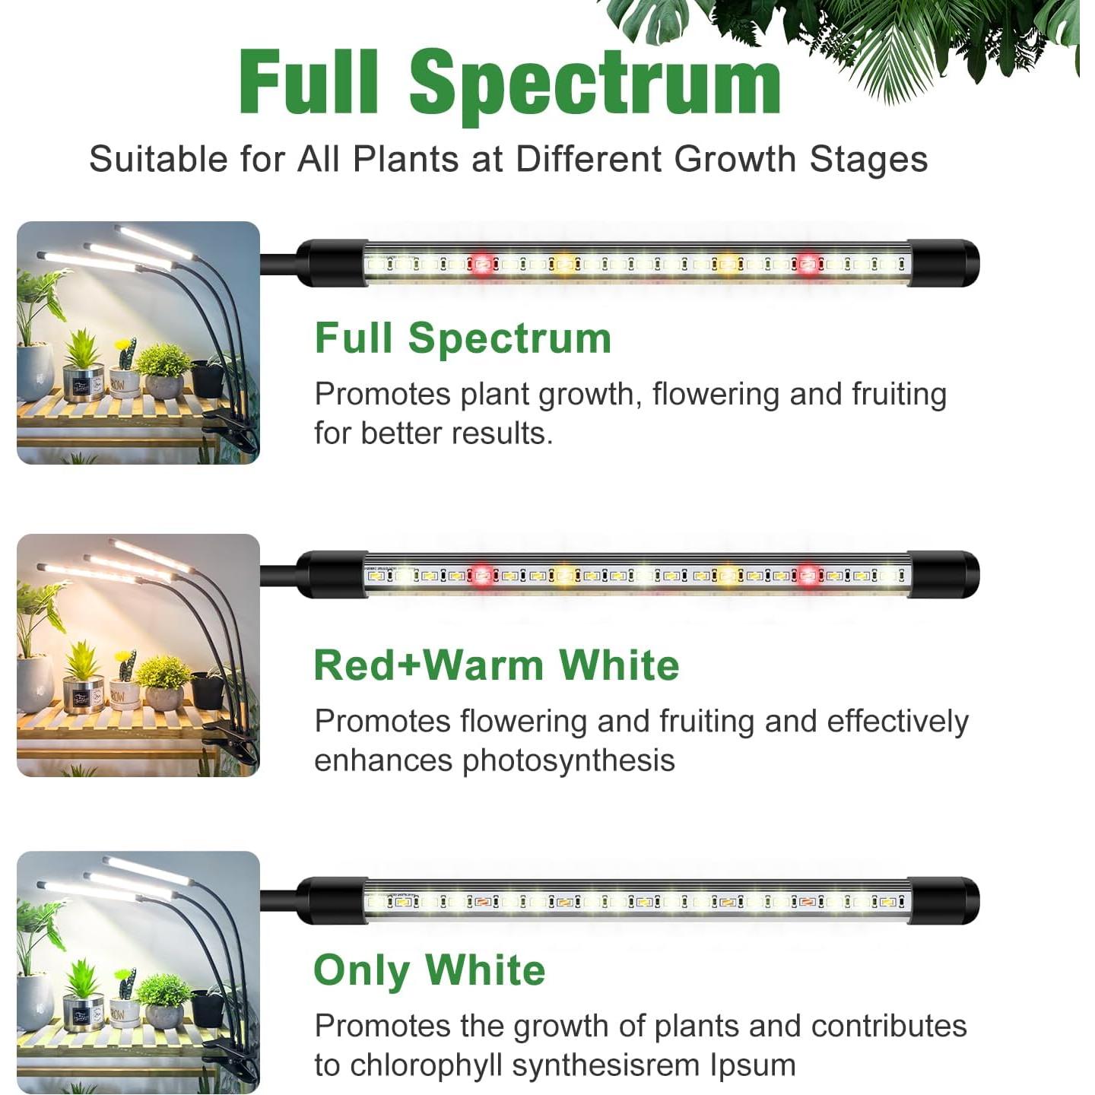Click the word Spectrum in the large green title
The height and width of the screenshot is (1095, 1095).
(595, 82)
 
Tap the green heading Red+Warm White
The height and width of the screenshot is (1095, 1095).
(496, 665)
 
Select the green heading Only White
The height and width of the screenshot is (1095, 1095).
(430, 970)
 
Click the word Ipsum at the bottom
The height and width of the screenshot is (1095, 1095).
(753, 1065)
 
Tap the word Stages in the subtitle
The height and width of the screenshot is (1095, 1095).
(868, 160)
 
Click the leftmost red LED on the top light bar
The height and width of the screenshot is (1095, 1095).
(482, 264)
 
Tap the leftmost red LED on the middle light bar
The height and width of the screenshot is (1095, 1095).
(482, 576)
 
